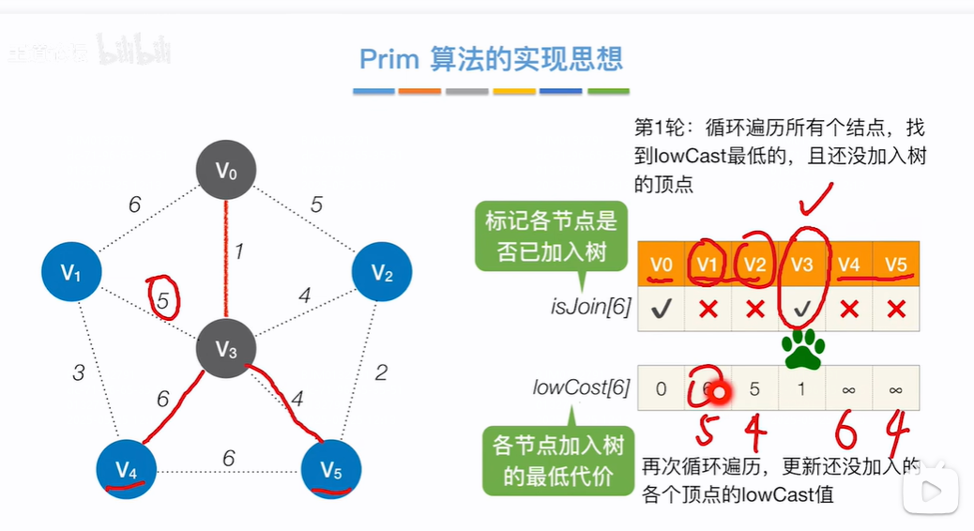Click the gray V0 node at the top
(x=226, y=171)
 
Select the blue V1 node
(x=72, y=272)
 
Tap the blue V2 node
(x=382, y=272)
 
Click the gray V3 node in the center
(x=226, y=350)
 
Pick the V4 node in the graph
(x=127, y=467)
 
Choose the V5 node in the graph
(x=331, y=467)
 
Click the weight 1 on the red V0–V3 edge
(x=239, y=251)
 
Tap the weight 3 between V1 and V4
(x=78, y=372)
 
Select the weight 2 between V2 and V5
(x=380, y=372)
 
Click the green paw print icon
(x=802, y=349)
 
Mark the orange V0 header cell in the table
(x=661, y=265)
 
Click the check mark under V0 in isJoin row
(x=661, y=309)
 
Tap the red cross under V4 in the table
(x=849, y=309)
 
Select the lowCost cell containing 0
(x=661, y=388)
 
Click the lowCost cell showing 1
(x=801, y=388)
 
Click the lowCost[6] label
(x=581, y=387)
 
